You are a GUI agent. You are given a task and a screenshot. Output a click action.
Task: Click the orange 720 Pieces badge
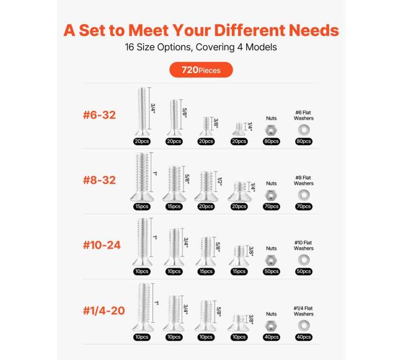(201, 70)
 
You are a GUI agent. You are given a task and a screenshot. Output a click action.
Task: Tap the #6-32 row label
(99, 115)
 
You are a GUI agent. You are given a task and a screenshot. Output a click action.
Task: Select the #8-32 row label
(99, 180)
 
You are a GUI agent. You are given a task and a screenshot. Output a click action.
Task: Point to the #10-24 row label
(102, 245)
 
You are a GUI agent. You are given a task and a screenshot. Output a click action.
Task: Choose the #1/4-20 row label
(104, 310)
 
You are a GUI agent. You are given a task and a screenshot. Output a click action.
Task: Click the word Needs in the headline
(314, 30)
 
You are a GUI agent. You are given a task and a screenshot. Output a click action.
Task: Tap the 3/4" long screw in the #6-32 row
(142, 112)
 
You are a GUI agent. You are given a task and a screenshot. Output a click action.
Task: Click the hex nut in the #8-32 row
(271, 195)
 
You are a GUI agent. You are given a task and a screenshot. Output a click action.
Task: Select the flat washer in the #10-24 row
(304, 260)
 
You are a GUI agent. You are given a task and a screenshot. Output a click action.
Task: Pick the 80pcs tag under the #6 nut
(272, 141)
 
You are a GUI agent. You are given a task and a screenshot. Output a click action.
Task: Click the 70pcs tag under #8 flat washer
(304, 206)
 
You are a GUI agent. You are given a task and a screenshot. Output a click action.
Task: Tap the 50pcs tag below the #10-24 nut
(272, 271)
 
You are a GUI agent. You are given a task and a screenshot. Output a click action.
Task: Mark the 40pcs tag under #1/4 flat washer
(304, 337)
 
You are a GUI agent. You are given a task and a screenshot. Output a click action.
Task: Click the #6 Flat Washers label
(304, 115)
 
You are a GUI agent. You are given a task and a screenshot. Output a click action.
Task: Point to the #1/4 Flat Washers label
(304, 311)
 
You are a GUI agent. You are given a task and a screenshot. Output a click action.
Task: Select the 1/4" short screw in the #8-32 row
(239, 192)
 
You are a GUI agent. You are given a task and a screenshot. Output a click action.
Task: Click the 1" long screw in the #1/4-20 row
(143, 307)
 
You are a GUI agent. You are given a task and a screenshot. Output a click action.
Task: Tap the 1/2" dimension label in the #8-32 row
(219, 182)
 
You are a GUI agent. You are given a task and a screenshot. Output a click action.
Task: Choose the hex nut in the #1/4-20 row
(271, 326)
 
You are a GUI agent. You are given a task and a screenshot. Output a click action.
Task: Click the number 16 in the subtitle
(130, 47)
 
